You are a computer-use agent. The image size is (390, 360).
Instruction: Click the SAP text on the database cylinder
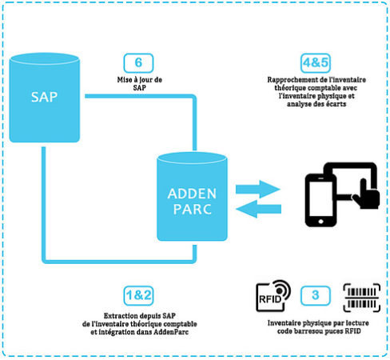[44, 97]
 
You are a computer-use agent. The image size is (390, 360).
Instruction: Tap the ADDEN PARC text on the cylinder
[192, 202]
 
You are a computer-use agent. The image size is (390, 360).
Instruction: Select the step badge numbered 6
[138, 63]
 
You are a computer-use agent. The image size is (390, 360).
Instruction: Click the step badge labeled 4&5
[316, 63]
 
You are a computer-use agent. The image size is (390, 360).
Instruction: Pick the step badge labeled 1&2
[138, 296]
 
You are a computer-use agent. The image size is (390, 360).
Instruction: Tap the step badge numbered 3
[316, 296]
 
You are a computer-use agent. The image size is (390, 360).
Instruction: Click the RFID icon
[273, 296]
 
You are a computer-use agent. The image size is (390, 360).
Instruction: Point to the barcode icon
[362, 298]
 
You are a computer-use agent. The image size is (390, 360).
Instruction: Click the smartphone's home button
[320, 222]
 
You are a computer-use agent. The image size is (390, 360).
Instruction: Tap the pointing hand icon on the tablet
[366, 194]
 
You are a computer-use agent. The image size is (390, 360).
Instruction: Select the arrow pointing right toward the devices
[257, 189]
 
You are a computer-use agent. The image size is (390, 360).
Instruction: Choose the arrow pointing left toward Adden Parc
[258, 209]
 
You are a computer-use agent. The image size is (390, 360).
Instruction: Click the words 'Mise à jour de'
[140, 80]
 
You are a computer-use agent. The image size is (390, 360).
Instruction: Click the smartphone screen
[320, 198]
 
